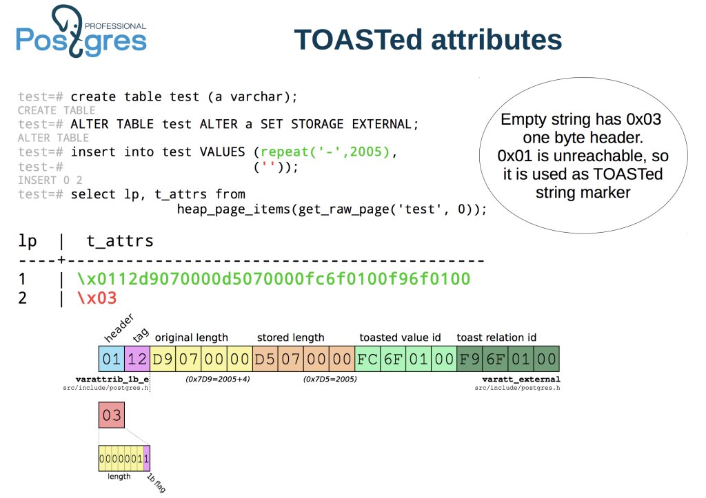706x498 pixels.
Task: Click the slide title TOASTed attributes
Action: (427, 39)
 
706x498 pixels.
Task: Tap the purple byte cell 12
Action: (138, 359)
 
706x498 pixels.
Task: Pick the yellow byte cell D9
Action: (163, 359)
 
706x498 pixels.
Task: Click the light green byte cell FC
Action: (367, 359)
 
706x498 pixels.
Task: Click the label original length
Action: (191, 338)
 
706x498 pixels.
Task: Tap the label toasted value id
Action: (400, 338)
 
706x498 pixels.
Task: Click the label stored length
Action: (290, 338)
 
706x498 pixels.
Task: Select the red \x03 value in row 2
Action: (97, 298)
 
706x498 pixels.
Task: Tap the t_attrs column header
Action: (119, 241)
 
